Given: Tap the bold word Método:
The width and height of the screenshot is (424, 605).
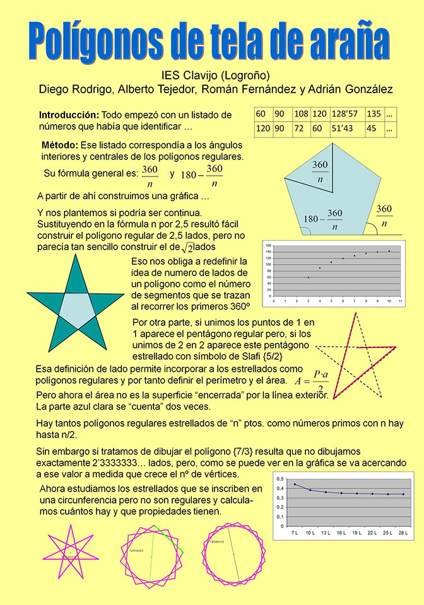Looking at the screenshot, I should pyautogui.click(x=60, y=145).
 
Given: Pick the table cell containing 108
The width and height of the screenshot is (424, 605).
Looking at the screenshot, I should pyautogui.click(x=301, y=114).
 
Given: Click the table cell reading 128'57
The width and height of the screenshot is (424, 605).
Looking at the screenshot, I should pyautogui.click(x=345, y=114).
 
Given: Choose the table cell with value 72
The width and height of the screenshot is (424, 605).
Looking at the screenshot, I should pyautogui.click(x=301, y=129).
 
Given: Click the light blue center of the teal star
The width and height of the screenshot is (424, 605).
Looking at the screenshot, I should pyautogui.click(x=76, y=308).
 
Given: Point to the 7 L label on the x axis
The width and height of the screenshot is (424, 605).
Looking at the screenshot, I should pyautogui.click(x=294, y=534).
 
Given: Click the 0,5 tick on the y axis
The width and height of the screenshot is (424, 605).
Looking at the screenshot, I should pyautogui.click(x=281, y=480).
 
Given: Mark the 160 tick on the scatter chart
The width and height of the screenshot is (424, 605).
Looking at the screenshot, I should pyautogui.click(x=268, y=245).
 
